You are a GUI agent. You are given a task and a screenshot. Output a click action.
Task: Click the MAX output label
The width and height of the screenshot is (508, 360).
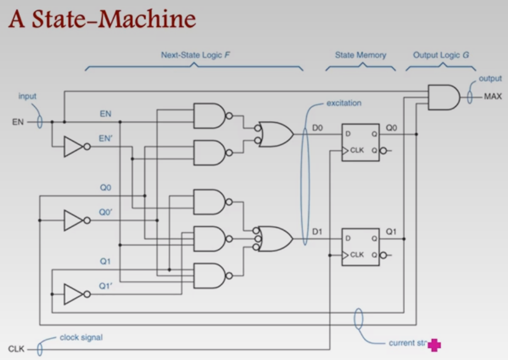[493, 97]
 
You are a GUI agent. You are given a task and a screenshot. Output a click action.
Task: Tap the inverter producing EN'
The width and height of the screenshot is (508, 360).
[74, 147]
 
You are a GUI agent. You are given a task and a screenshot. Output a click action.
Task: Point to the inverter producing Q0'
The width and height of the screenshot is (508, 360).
[74, 220]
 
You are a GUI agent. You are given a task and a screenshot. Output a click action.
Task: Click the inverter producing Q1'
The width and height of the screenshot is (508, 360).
[74, 294]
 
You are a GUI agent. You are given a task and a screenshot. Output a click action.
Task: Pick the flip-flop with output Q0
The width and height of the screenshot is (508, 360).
[360, 142]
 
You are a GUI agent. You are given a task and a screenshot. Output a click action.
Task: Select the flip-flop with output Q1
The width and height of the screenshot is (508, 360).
[360, 247]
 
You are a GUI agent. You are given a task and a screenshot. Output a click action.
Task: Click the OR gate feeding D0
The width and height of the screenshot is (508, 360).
[276, 134]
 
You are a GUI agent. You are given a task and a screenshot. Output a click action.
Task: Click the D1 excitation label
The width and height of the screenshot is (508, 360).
[317, 232]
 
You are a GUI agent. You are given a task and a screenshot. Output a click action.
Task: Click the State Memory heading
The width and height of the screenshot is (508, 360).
[360, 55]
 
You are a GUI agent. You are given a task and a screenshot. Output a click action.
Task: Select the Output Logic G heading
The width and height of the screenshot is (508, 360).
[441, 55]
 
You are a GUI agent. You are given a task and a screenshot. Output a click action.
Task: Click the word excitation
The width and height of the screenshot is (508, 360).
[344, 103]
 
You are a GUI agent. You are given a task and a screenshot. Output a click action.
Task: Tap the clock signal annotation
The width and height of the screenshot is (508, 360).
[81, 337]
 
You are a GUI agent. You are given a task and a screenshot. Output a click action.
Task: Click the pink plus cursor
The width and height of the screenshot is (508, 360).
[434, 345]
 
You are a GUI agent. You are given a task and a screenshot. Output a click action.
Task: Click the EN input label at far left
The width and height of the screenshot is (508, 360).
[18, 122]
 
